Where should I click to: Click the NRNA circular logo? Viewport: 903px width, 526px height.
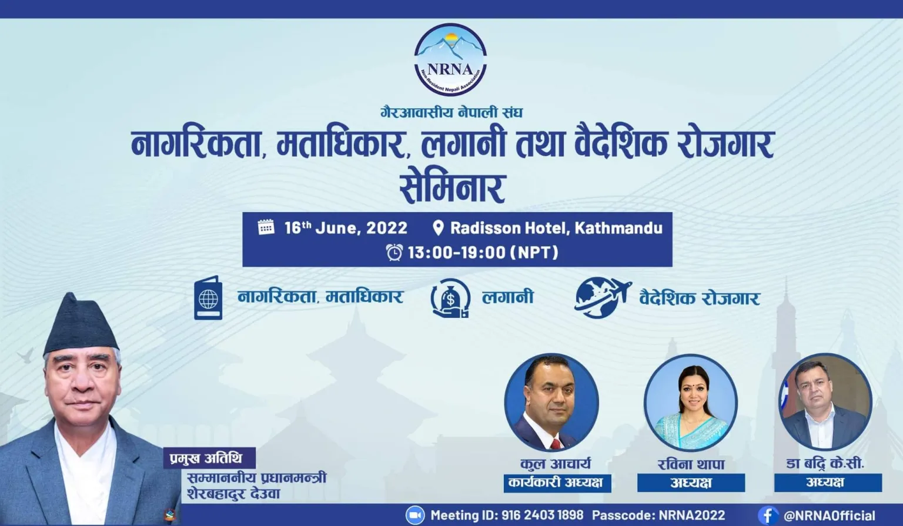coord(450,60)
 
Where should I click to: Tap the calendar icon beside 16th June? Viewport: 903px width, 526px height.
coord(266,227)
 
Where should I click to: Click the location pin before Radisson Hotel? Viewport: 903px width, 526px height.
coord(438,228)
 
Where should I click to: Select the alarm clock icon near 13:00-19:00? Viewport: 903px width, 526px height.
coord(394,253)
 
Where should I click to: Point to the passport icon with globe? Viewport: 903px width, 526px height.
coord(208,298)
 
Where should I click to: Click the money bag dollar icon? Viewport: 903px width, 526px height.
coord(450,299)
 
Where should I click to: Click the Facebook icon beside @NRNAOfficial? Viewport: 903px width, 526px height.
coord(768,515)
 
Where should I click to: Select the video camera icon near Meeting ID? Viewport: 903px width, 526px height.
coord(415,515)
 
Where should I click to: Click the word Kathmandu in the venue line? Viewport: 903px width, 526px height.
coord(618,228)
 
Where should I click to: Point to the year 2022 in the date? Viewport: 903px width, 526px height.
coord(387,228)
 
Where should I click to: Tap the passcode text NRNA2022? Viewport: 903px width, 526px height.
coord(692,515)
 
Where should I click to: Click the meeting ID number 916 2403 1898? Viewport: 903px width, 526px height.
coord(542,515)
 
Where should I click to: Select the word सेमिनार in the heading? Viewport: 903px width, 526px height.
coord(452,188)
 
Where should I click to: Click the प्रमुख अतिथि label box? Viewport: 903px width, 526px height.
coord(209,458)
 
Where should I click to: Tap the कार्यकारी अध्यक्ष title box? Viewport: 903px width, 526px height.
coord(557,483)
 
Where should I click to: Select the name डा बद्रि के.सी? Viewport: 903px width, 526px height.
coord(825,464)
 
